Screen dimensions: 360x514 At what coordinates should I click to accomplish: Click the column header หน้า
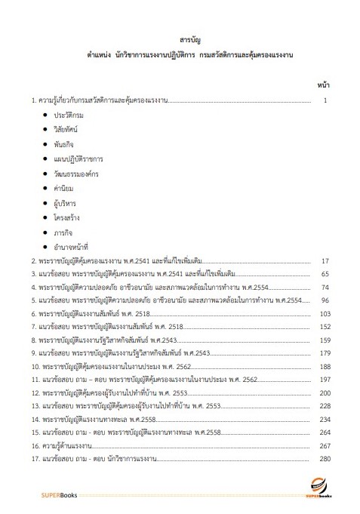pos(323,85)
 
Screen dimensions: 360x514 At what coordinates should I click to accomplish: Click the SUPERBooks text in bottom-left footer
pos(57,494)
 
